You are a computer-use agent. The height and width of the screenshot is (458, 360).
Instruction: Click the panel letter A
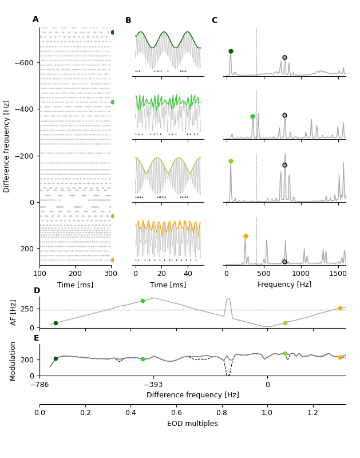coord(35,19)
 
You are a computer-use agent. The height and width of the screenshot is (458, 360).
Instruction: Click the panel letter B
coord(128,21)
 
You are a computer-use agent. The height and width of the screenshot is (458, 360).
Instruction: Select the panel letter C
coord(215,21)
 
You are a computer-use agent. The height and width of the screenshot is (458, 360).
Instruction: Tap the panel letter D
coord(37,291)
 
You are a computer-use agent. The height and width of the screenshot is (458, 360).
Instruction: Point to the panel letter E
coord(37,338)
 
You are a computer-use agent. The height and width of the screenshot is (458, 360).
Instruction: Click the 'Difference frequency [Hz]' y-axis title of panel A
coord(7,146)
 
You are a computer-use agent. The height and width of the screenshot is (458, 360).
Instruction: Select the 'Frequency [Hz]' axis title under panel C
coord(284,285)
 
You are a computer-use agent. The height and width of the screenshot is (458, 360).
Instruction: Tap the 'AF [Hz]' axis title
coord(14,312)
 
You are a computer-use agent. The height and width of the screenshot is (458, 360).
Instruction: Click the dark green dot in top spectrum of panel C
coord(231,51)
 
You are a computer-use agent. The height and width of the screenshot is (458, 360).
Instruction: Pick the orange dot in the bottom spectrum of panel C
coord(246,236)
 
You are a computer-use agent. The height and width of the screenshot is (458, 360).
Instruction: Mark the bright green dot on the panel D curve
coord(143,301)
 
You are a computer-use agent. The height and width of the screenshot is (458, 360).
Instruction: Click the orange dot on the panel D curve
coord(340,308)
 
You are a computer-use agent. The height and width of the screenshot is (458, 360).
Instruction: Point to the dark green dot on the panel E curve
coord(56,358)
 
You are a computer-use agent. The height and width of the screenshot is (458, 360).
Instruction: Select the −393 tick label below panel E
coord(153,385)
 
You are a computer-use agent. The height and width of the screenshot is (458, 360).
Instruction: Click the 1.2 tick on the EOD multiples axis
coord(312,412)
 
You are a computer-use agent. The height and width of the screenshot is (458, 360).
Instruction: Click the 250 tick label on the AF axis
coord(27,309)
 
